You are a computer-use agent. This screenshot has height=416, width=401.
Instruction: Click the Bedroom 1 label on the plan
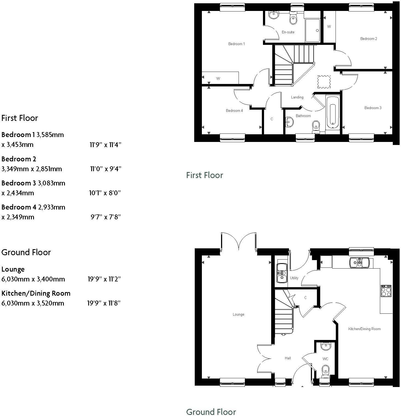236,44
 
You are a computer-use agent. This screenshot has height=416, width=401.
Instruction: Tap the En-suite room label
288,32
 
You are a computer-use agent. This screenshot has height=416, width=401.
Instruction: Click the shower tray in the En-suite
313,30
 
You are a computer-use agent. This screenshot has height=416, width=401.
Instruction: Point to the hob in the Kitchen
386,291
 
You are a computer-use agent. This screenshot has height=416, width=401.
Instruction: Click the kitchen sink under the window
359,263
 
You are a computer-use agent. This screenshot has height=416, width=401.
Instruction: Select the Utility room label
294,278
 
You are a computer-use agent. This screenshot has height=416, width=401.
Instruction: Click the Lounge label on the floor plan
238,314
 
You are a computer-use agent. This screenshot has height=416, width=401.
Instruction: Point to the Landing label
297,97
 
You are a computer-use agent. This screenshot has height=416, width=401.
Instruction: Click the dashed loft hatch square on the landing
324,82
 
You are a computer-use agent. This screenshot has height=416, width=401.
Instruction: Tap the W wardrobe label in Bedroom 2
329,27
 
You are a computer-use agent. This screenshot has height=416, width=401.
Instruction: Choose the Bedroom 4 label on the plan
234,110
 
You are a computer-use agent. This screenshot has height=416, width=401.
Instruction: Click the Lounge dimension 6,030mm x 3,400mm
33,279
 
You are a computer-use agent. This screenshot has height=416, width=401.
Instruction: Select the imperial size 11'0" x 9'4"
105,169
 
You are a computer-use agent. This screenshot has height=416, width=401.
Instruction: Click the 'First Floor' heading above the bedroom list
20,118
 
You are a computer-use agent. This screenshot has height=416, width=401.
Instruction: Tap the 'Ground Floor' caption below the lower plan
211,412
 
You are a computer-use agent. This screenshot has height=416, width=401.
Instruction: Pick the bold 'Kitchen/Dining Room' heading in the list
36,293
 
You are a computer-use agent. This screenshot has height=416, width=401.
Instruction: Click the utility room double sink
281,273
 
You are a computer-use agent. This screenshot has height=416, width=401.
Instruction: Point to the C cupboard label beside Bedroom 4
272,119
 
